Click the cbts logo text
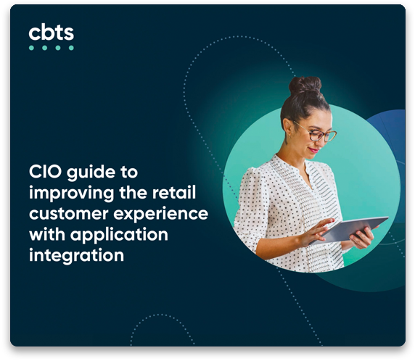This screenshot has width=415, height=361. [51, 33]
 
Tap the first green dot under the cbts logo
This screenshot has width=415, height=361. [31, 48]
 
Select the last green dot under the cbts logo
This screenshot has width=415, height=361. [71, 48]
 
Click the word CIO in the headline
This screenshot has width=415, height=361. [45, 172]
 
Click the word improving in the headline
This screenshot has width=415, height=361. [71, 194]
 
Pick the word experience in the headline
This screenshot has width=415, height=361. [160, 215]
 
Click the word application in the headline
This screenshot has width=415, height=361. [119, 236]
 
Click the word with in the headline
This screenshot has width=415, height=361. [47, 234]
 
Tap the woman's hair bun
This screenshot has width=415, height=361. [305, 85]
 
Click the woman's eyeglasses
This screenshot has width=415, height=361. [318, 133]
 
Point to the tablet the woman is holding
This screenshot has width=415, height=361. [349, 230]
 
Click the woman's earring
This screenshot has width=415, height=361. [287, 138]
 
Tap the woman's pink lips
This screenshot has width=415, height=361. [314, 150]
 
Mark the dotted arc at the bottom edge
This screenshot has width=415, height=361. [160, 315]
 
